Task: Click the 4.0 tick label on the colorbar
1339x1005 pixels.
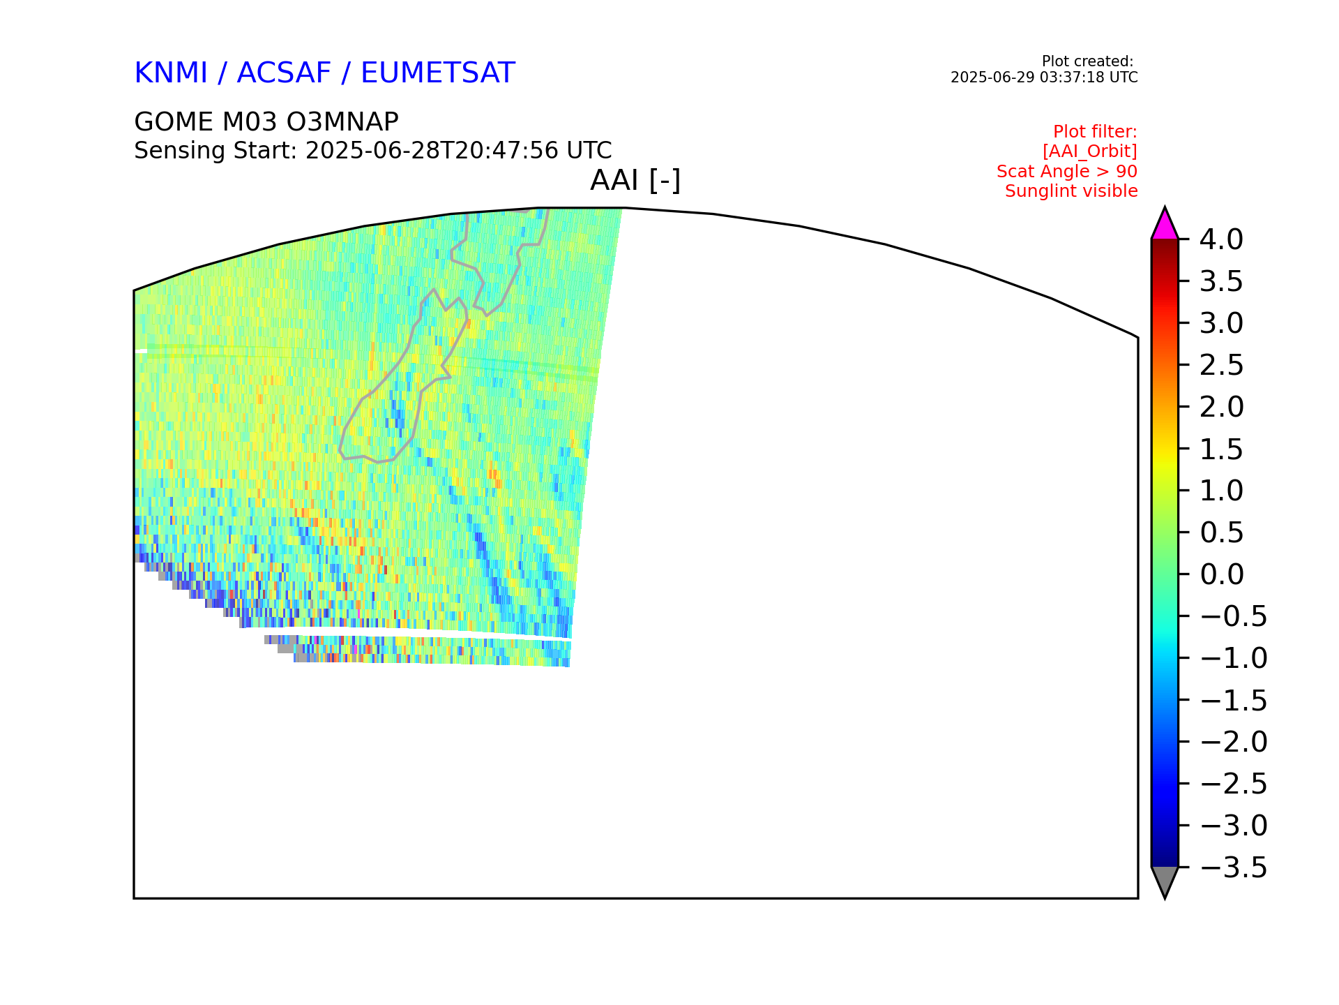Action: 1221,239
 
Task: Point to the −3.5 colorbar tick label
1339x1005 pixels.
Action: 1234,868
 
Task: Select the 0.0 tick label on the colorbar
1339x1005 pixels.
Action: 1222,574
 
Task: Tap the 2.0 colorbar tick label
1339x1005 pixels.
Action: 1222,407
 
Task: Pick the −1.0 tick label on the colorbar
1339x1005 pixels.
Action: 1234,658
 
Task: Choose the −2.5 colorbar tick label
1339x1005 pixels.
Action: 1234,784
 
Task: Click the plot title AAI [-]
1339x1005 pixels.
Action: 635,181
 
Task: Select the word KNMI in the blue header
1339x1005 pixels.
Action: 171,73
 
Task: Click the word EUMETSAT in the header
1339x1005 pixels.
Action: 438,73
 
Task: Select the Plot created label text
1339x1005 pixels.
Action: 1087,61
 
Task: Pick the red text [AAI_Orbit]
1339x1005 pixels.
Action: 1090,151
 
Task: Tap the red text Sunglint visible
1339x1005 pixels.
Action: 1071,191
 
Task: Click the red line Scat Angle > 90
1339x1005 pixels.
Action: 1067,172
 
